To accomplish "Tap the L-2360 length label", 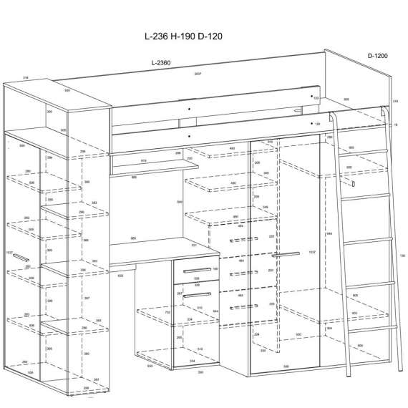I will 162,64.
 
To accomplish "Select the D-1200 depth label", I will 377,55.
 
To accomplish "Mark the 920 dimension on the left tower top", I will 67,91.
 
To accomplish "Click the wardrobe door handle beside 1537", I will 286,254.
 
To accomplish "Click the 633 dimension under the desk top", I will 120,274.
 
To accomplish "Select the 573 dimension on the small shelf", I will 145,161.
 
